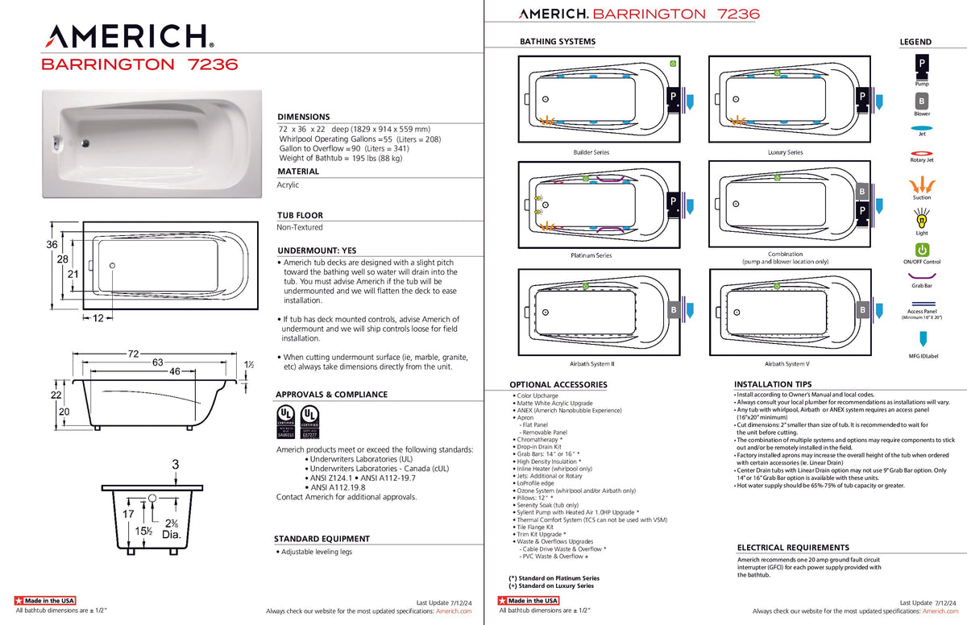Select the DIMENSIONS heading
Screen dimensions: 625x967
[x=303, y=117]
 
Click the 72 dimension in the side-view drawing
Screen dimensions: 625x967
[x=133, y=354]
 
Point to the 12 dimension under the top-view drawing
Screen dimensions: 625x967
[x=98, y=318]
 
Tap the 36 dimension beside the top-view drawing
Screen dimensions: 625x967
[x=52, y=244]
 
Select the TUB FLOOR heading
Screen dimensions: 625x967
[x=300, y=215]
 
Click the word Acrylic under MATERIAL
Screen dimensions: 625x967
[x=288, y=184]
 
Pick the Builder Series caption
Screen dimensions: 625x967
[x=591, y=152]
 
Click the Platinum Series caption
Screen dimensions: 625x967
[x=591, y=255]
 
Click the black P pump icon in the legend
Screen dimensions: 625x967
[x=921, y=63]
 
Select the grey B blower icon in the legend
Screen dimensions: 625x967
[x=921, y=101]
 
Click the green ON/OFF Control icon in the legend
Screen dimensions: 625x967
[x=922, y=250]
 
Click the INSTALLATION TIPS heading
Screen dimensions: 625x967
[x=773, y=384]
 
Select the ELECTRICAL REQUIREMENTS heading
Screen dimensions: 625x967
[x=793, y=548]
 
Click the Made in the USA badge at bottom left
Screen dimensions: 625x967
[x=45, y=601]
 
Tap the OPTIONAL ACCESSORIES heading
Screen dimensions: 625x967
[x=558, y=384]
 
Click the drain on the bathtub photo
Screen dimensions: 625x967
[x=85, y=143]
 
